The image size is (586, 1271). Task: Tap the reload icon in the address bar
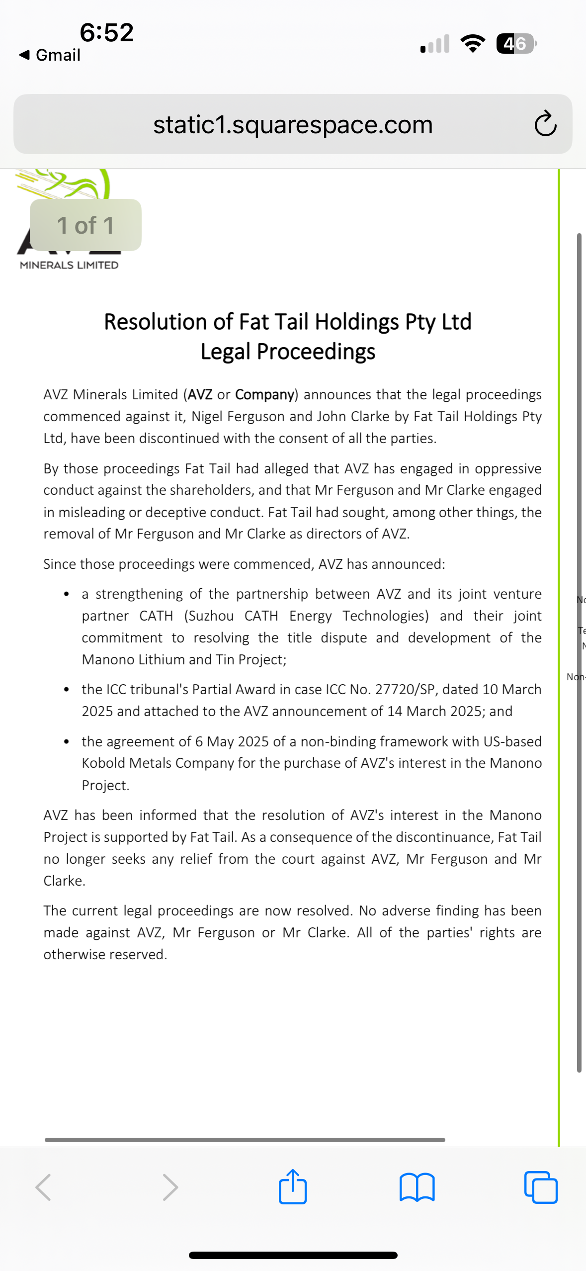pyautogui.click(x=545, y=123)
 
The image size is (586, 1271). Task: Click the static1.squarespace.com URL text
pyautogui.click(x=293, y=124)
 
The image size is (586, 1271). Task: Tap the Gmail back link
pyautogui.click(x=50, y=55)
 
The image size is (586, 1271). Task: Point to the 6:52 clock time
pyautogui.click(x=107, y=32)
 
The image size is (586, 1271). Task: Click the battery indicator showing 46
pyautogui.click(x=516, y=44)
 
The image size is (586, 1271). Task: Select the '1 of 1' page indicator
pyautogui.click(x=85, y=225)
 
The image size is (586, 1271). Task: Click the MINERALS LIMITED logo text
pyautogui.click(x=69, y=265)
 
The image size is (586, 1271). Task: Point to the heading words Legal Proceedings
pyautogui.click(x=288, y=352)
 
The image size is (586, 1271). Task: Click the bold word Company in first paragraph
pyautogui.click(x=264, y=394)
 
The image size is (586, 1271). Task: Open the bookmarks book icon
pyautogui.click(x=417, y=1187)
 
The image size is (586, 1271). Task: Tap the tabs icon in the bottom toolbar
pyautogui.click(x=541, y=1187)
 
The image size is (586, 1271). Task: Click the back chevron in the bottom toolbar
pyautogui.click(x=43, y=1187)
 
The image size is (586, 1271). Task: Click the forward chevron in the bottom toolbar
pyautogui.click(x=170, y=1187)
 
